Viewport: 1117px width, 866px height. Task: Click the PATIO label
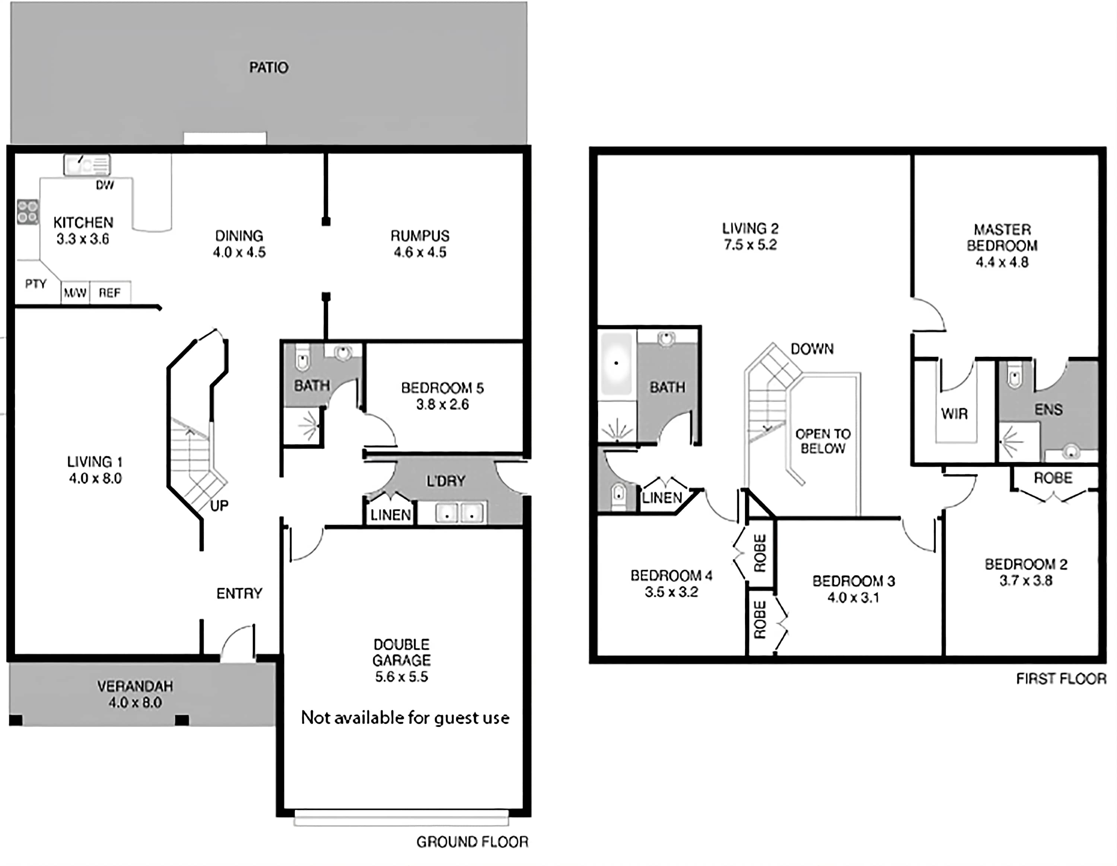tap(268, 67)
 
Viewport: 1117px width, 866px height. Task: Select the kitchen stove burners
tap(28, 212)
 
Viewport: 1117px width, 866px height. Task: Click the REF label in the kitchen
tap(109, 293)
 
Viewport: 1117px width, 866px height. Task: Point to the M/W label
tap(75, 293)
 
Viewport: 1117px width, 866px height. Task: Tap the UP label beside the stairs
tap(219, 506)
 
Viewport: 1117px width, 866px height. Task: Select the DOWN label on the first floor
tap(812, 349)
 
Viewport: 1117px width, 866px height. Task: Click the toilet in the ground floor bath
tap(302, 357)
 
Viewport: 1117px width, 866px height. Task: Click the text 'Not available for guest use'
tap(405, 718)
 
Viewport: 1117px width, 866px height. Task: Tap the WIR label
tap(954, 413)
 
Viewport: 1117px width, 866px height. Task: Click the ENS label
tap(1048, 409)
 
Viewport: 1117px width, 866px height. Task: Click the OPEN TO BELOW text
tap(823, 441)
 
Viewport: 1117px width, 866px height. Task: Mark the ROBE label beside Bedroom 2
tap(1053, 478)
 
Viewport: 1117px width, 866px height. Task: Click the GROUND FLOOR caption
tap(472, 842)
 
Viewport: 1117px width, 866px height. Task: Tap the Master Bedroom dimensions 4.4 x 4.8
tap(1002, 262)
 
